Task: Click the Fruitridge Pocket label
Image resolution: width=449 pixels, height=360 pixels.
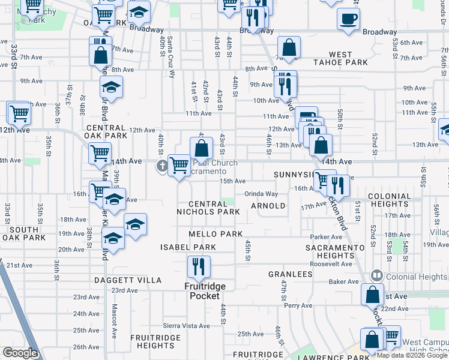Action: pyautogui.click(x=205, y=291)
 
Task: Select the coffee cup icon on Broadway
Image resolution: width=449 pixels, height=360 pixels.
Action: pyautogui.click(x=348, y=19)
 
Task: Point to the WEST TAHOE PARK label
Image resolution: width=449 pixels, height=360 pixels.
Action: pyautogui.click(x=340, y=58)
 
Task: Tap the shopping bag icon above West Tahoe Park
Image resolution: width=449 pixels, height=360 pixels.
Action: pyautogui.click(x=289, y=49)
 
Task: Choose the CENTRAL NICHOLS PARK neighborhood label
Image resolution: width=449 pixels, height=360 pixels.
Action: pyautogui.click(x=208, y=208)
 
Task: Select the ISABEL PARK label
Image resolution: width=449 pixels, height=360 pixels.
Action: pyautogui.click(x=187, y=247)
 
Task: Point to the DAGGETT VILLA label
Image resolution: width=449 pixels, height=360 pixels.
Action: pyautogui.click(x=128, y=280)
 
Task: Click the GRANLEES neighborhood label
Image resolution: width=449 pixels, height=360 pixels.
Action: pyautogui.click(x=291, y=274)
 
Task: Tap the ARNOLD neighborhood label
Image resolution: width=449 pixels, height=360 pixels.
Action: pyautogui.click(x=268, y=206)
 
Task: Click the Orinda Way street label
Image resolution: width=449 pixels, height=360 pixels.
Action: pyautogui.click(x=261, y=194)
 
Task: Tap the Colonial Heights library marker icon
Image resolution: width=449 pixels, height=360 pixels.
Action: pyautogui.click(x=377, y=276)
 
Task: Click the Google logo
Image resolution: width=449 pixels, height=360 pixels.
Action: pyautogui.click(x=19, y=353)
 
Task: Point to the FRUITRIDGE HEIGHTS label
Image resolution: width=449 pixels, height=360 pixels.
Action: pyautogui.click(x=155, y=341)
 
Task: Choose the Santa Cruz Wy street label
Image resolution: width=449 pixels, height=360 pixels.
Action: pyautogui.click(x=171, y=57)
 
